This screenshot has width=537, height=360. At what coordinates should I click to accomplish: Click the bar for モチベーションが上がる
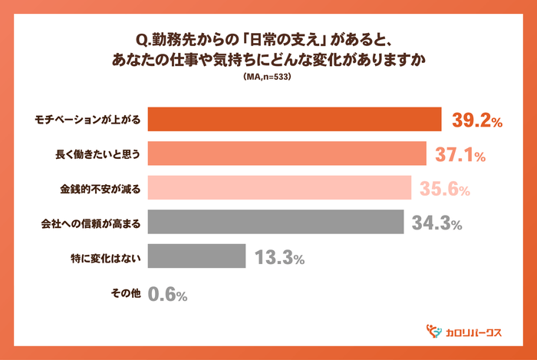click(x=294, y=121)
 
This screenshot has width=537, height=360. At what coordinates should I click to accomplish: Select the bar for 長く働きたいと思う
click(x=286, y=154)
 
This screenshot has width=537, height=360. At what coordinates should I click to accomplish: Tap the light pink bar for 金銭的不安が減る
click(x=279, y=189)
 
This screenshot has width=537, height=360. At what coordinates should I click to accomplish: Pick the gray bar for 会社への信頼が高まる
click(x=275, y=223)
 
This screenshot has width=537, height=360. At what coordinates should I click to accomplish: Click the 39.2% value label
click(x=476, y=121)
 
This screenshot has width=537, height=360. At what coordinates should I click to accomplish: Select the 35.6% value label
click(x=445, y=189)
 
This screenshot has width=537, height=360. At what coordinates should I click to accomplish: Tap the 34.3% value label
click(x=437, y=224)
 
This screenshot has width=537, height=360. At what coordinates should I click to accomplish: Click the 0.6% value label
click(x=168, y=293)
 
